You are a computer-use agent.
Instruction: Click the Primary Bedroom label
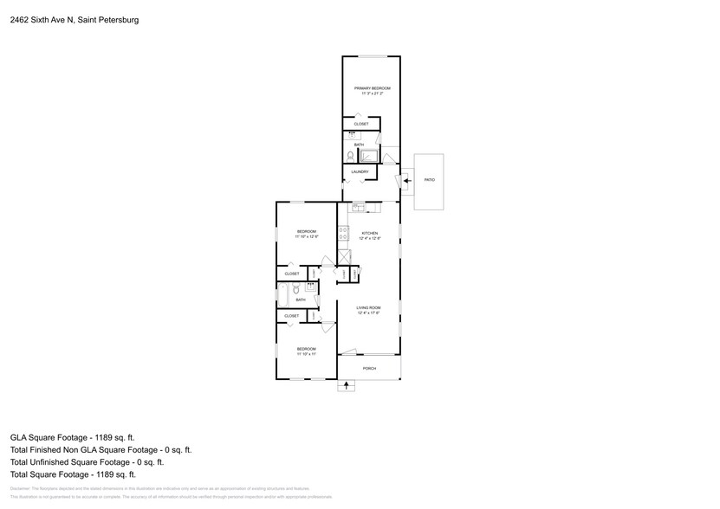click(372, 88)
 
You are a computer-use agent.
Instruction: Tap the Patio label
click(429, 180)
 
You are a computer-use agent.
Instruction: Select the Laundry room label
click(360, 172)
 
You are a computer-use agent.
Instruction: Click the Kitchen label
click(370, 233)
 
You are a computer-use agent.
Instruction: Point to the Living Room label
click(370, 308)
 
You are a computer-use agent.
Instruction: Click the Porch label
click(369, 369)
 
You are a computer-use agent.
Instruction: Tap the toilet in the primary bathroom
click(351, 156)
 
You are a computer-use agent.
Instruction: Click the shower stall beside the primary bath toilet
click(370, 156)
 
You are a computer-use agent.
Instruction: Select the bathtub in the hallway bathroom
click(282, 297)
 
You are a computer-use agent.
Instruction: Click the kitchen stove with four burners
click(343, 232)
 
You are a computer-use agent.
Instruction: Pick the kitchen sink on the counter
click(357, 207)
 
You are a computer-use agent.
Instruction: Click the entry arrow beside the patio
click(407, 180)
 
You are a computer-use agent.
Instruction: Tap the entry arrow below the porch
click(346, 386)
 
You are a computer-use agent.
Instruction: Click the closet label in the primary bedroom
click(361, 125)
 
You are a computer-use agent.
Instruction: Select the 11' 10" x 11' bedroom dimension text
click(306, 353)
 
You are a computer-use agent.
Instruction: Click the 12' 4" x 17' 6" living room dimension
click(370, 313)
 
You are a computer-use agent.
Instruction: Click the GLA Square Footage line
click(73, 438)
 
